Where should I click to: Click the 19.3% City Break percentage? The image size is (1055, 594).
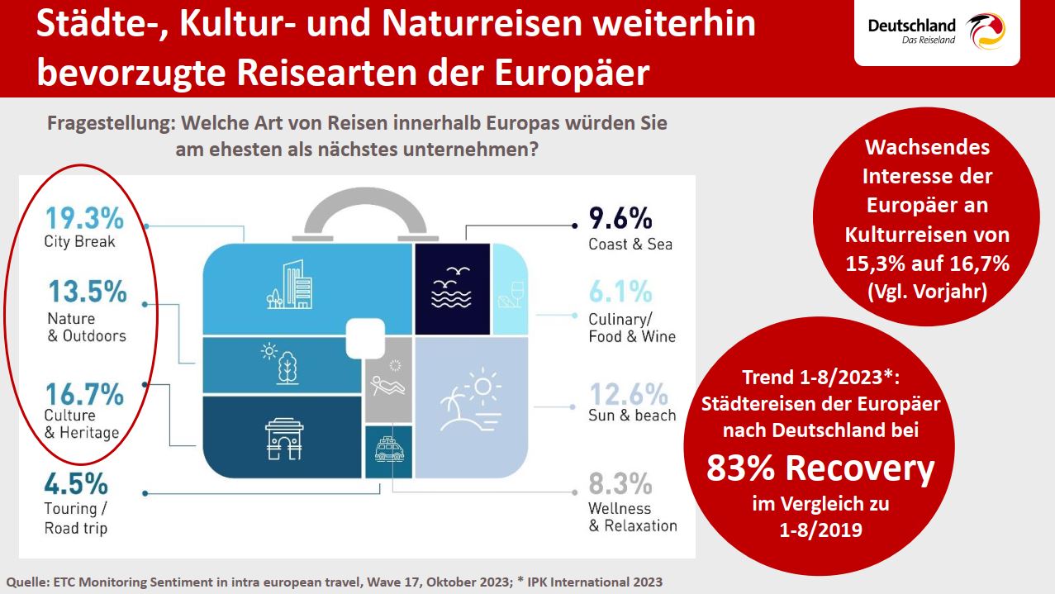tap(83, 219)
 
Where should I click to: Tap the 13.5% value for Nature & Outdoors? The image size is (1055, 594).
tap(87, 292)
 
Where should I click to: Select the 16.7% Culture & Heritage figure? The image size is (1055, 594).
tap(83, 395)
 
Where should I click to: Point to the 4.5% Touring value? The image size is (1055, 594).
tap(76, 482)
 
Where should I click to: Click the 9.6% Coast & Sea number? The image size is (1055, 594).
tap(620, 219)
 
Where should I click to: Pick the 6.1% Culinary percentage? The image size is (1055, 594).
tap(620, 292)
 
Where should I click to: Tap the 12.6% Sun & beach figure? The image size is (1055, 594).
tap(628, 393)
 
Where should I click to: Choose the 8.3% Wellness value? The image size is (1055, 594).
tap(620, 482)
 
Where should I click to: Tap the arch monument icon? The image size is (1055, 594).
tap(283, 437)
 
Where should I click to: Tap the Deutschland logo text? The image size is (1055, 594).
tap(911, 26)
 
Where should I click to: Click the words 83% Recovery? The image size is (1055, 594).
tap(820, 468)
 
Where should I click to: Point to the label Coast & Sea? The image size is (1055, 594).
tap(630, 244)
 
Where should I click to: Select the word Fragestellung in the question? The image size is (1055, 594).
tap(109, 124)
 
